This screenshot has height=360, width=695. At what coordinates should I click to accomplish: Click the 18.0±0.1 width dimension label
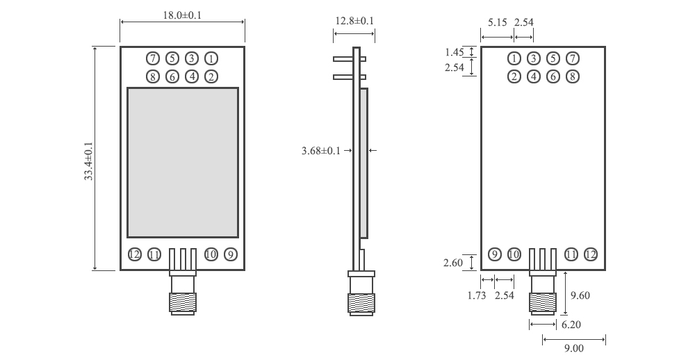pos(181,15)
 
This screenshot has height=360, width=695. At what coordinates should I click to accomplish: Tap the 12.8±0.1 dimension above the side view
pos(354,21)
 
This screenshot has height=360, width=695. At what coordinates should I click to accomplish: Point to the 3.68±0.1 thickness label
pos(321,150)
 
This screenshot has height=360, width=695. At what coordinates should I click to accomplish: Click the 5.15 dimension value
pos(497,23)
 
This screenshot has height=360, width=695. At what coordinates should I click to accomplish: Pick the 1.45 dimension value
pos(455,52)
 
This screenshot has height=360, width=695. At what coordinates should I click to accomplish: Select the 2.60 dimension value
pos(453,263)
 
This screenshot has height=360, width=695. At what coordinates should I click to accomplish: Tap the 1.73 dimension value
pos(477,295)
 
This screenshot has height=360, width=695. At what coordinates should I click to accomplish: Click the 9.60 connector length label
pos(580,295)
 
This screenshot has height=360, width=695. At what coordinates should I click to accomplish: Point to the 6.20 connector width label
pos(571,325)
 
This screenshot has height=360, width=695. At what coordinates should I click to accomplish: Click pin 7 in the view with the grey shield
pos(153,58)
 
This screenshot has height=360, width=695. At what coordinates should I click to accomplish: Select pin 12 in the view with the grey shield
pos(135,254)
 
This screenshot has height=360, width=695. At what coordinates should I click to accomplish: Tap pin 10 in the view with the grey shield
pos(211,254)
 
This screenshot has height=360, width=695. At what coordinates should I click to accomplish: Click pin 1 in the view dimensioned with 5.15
pos(514,58)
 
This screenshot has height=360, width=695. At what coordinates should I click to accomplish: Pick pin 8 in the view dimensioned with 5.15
pos(572,76)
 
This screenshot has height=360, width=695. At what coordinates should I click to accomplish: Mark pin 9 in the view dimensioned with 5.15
pos(495,254)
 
